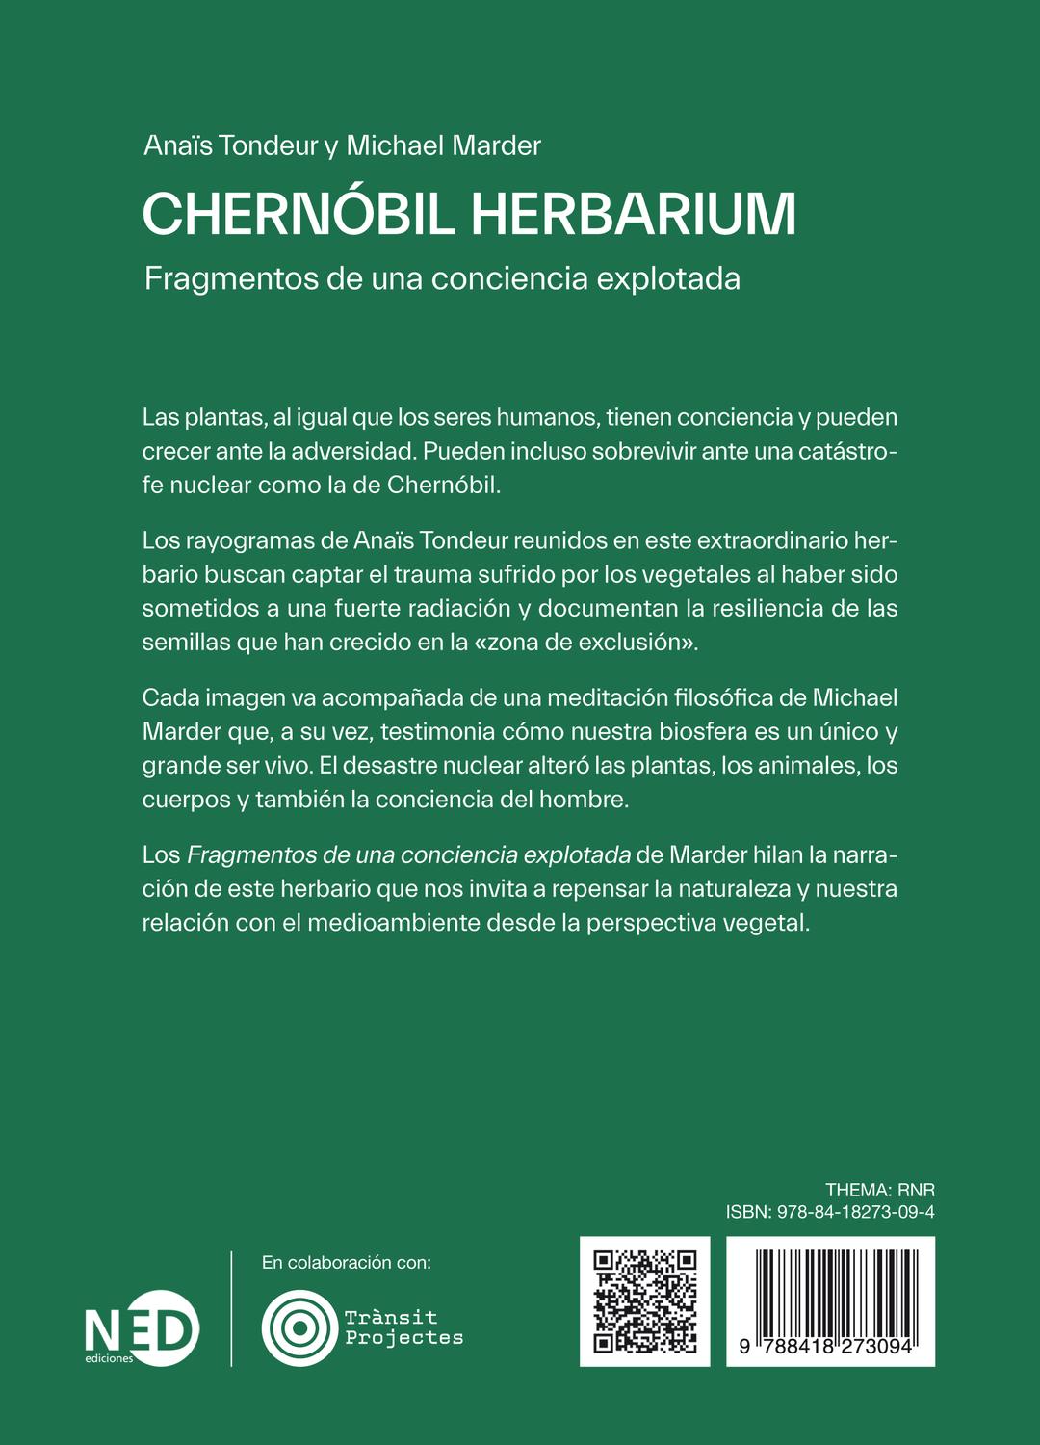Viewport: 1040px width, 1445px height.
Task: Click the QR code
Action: [x=644, y=1300]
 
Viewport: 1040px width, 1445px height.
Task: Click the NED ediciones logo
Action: [x=142, y=1328]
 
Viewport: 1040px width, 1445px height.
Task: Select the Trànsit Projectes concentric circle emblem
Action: [x=299, y=1327]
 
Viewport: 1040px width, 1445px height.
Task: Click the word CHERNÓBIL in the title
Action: [x=299, y=214]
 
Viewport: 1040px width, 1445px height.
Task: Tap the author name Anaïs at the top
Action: [x=177, y=145]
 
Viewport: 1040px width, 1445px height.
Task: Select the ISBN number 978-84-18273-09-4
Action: [x=855, y=1212]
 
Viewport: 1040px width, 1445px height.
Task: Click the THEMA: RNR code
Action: [x=879, y=1190]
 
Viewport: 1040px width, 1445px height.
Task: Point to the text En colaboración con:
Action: [x=347, y=1262]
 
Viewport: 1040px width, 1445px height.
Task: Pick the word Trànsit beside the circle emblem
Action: [x=391, y=1317]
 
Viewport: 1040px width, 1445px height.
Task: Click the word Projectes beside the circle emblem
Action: [x=404, y=1338]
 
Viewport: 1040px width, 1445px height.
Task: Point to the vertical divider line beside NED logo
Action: [x=232, y=1308]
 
